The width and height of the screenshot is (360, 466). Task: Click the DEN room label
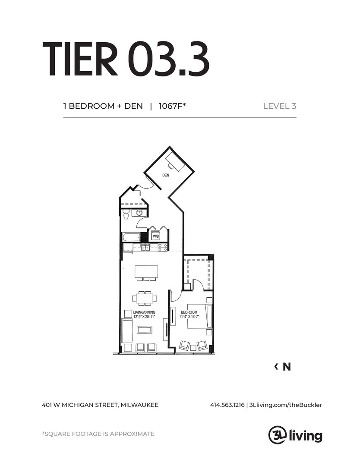click(165, 176)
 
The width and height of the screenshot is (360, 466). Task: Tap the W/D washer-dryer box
click(155, 236)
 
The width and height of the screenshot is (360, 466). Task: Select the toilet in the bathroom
click(126, 214)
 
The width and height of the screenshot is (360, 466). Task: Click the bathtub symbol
click(131, 237)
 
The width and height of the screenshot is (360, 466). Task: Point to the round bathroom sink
click(139, 213)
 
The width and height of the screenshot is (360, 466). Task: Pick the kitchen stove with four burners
click(162, 247)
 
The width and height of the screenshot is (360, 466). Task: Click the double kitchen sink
click(146, 247)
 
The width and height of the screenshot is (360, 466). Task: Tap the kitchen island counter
click(146, 272)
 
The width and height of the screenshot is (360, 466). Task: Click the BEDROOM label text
click(189, 312)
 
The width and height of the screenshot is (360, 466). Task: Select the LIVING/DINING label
click(144, 312)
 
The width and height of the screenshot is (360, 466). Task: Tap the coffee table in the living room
click(144, 330)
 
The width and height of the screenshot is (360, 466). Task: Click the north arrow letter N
click(287, 367)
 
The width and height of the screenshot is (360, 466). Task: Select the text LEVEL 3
click(279, 106)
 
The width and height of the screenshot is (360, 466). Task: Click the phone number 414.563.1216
click(227, 405)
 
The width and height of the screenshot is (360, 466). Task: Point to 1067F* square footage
click(172, 106)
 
